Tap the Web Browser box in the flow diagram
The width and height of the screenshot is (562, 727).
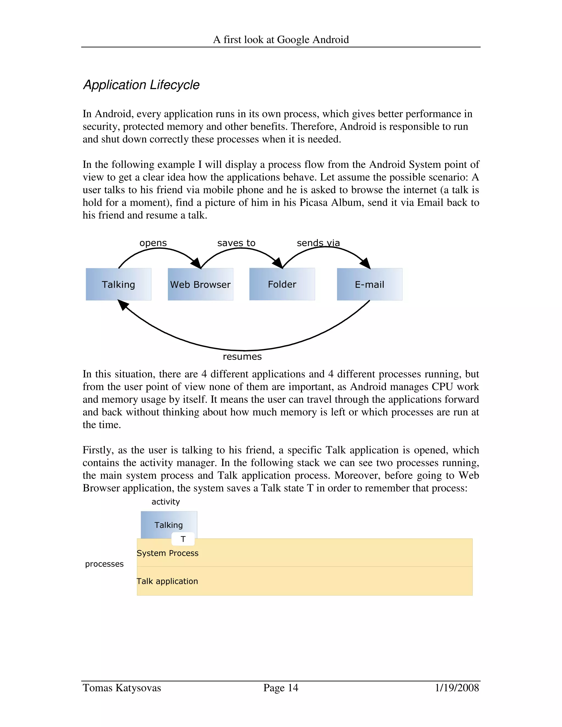click(200, 284)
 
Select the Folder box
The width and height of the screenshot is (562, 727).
click(282, 284)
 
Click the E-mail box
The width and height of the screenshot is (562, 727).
click(369, 284)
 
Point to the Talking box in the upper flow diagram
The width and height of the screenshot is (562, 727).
click(118, 284)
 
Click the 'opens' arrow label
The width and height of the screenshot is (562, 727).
click(153, 243)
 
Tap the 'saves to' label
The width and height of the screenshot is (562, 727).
click(236, 243)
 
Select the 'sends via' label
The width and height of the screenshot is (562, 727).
click(318, 243)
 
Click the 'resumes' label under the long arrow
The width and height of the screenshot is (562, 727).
click(242, 357)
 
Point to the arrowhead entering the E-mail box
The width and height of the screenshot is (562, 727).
click(366, 263)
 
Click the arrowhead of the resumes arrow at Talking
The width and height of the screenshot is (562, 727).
click(123, 304)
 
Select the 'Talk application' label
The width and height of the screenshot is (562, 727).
click(167, 581)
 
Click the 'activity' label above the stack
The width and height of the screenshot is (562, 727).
click(165, 502)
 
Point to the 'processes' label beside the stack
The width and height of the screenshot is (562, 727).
click(104, 564)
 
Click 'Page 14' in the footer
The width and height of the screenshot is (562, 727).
click(281, 688)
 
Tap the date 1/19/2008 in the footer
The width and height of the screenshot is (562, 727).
click(457, 688)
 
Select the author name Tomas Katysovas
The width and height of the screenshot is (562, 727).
click(122, 688)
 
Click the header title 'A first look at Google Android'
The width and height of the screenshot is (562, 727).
click(281, 40)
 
